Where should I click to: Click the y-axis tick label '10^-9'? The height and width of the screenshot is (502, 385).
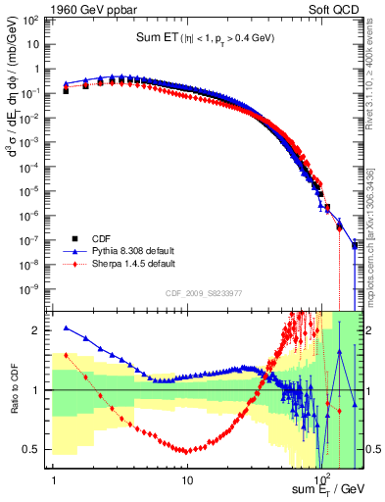35,289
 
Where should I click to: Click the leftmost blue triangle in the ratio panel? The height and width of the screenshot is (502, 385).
66,328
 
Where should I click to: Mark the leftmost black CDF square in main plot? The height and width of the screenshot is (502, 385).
66,90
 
